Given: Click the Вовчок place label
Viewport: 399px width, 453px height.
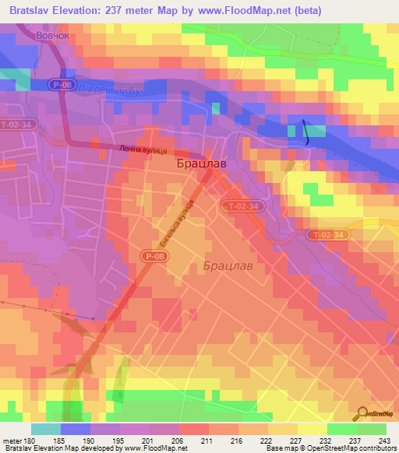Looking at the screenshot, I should pyautogui.click(x=58, y=36).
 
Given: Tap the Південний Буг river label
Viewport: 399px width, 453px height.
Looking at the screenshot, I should pyautogui.click(x=114, y=91).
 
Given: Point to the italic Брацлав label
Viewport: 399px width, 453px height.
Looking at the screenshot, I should pyautogui.click(x=228, y=265).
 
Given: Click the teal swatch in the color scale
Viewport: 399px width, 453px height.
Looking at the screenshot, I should pyautogui.click(x=46, y=430).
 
